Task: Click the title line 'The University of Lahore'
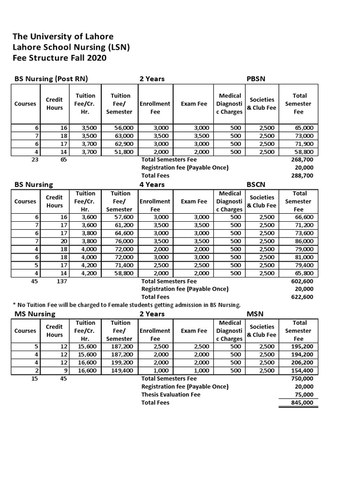point(63,37)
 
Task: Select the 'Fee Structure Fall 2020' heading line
point(60,58)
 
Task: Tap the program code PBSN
point(256,79)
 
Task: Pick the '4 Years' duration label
point(152,185)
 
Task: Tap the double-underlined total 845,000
point(303,403)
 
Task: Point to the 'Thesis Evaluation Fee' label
point(171,395)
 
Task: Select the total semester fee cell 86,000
point(305,241)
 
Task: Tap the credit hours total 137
point(61,281)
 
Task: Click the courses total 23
point(34,160)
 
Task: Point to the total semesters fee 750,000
point(303,379)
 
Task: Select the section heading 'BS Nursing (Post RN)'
point(51,79)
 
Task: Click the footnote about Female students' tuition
point(127,305)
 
